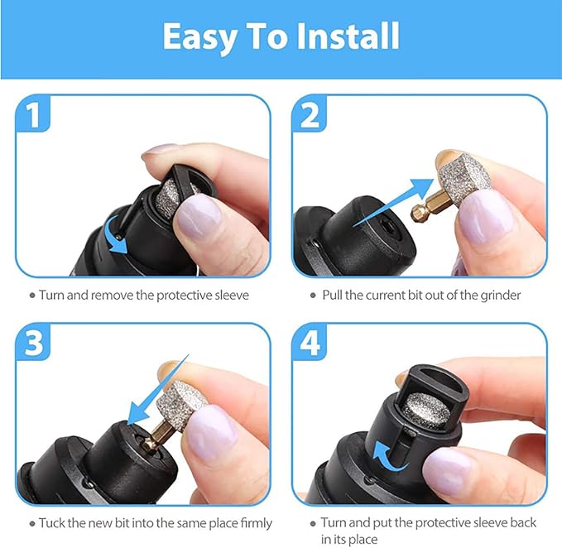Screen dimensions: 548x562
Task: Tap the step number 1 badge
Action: [32, 115]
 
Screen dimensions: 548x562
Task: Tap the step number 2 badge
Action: [310, 115]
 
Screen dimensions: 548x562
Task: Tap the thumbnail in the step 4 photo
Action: [448, 473]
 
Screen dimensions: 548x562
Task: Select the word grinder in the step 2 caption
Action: [498, 295]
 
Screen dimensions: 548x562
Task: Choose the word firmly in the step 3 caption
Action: [251, 523]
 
